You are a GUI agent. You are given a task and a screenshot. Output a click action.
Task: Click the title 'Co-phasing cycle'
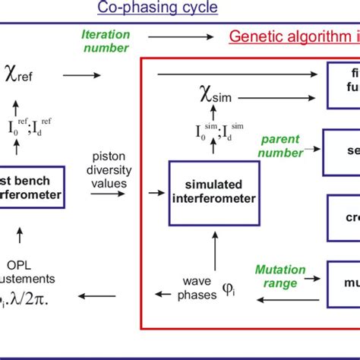(157, 8)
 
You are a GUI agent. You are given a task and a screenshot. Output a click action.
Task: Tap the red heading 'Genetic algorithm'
(293, 36)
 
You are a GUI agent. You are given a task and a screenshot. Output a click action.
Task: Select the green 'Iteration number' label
(106, 40)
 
